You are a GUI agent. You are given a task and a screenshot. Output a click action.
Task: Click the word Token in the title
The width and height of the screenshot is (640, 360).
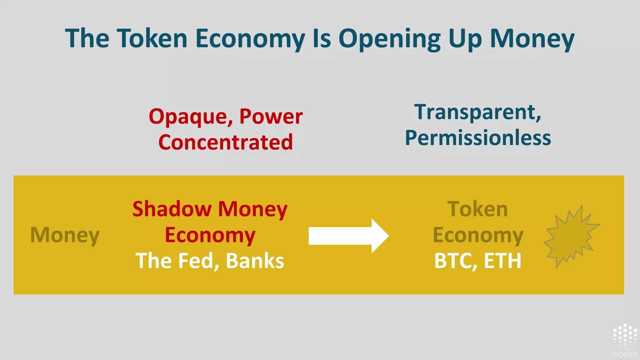[152, 38]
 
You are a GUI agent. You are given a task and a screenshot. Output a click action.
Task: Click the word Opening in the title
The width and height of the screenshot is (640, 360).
[389, 39]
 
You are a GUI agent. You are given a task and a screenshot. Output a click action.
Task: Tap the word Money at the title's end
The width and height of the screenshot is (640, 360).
[532, 39]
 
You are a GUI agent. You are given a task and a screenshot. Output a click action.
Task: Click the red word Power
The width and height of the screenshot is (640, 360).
[271, 117]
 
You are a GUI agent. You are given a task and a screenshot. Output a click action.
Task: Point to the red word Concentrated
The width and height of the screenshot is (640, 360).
[226, 142]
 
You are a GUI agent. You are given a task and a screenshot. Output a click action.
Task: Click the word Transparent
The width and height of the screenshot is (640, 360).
[477, 112]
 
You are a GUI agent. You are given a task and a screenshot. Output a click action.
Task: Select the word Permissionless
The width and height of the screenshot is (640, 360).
[478, 138]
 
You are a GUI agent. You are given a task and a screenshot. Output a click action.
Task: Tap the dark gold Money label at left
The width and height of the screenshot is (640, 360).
[65, 235]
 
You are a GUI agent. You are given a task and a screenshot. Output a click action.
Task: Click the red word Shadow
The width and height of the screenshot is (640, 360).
[172, 209]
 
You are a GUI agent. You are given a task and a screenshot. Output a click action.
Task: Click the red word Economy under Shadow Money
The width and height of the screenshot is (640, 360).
[210, 235]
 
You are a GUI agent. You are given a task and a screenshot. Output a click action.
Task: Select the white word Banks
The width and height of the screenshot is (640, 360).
[255, 261]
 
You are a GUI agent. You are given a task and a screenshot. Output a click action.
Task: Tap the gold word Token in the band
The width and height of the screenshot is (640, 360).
[477, 209]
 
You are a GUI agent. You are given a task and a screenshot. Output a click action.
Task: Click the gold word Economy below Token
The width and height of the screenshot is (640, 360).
[478, 235]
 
